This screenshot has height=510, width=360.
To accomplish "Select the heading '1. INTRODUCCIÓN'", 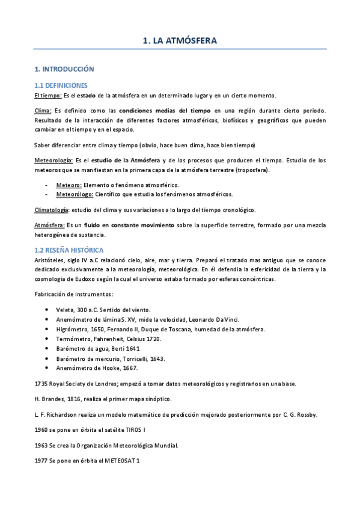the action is pyautogui.click(x=64, y=69).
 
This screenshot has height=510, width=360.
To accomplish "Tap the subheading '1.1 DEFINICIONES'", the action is pyautogui.click(x=61, y=85).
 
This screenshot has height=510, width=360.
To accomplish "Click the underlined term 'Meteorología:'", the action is pyautogui.click(x=53, y=161).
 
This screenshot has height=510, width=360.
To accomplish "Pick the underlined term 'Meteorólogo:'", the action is pyautogui.click(x=75, y=194).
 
